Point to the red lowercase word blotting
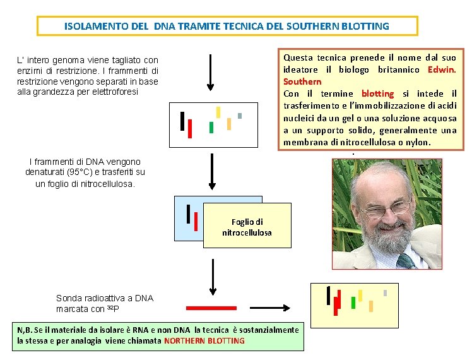click(x=377, y=93)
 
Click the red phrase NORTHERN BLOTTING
click(x=204, y=340)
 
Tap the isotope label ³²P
click(x=112, y=309)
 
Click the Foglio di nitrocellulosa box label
click(x=247, y=227)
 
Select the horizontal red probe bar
click(x=211, y=308)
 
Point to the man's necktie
click(x=407, y=261)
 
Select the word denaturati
click(x=46, y=172)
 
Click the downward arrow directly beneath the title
click(x=211, y=73)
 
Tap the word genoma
click(x=71, y=60)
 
